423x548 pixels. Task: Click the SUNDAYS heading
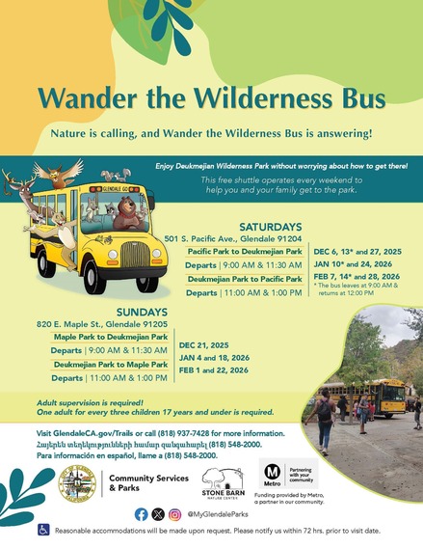tap(143, 312)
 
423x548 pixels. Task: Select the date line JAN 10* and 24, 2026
tap(350, 262)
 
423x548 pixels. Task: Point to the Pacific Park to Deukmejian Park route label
tap(245, 250)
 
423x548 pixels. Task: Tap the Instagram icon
tap(174, 514)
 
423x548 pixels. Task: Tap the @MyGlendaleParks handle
tap(219, 514)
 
